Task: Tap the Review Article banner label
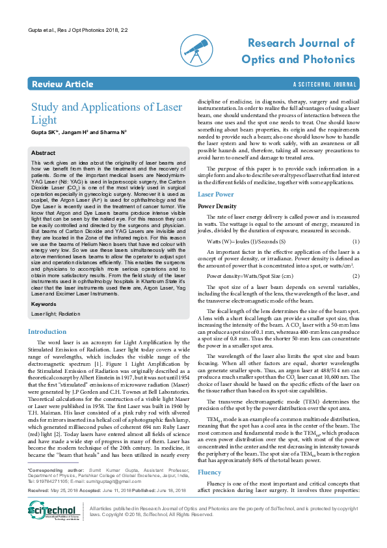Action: click(62, 85)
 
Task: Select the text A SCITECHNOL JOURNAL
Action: click(325, 85)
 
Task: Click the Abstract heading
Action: click(44, 153)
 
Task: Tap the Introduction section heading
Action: click(47, 332)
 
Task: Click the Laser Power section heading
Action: click(215, 195)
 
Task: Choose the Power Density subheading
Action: click(218, 206)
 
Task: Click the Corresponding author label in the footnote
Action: click(56, 487)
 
